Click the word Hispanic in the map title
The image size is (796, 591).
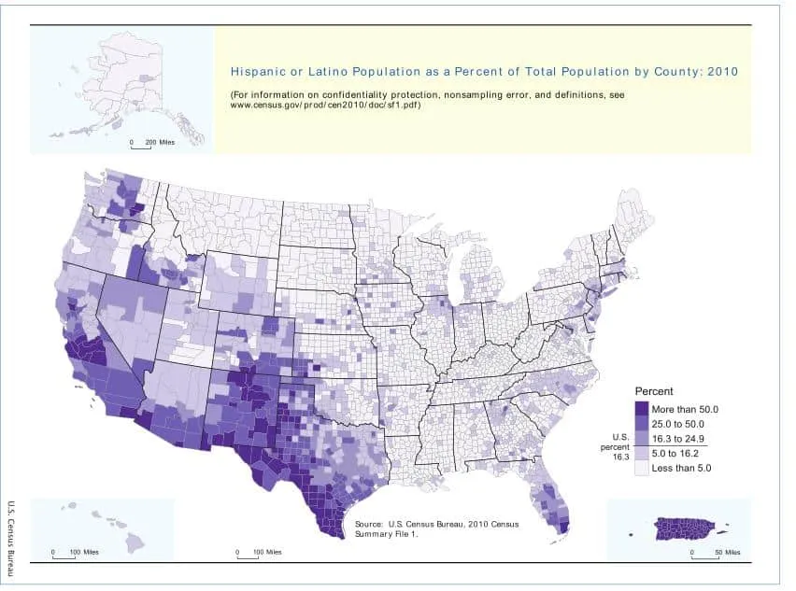(257, 71)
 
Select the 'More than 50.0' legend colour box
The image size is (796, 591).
(642, 409)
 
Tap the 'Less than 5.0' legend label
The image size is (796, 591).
(682, 468)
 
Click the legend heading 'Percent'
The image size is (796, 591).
(654, 391)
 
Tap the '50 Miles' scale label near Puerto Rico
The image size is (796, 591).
(728, 553)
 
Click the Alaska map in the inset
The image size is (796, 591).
(131, 79)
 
